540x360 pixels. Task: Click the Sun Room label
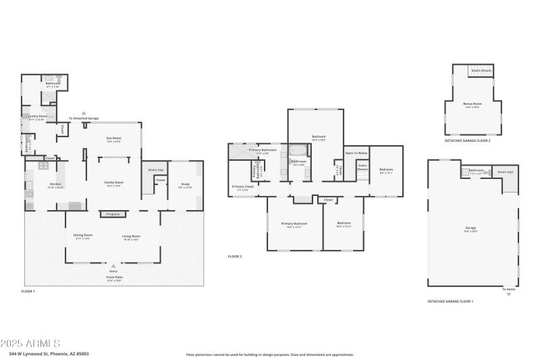[x=113, y=139]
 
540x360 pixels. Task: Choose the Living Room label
[x=131, y=236]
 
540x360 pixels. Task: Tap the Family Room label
[x=113, y=184]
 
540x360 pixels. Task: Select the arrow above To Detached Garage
[x=84, y=113]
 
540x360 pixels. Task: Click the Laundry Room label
[x=36, y=117]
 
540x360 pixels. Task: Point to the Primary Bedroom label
[x=294, y=224]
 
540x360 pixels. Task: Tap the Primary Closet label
[x=243, y=187]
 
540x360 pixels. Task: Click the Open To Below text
[x=357, y=153]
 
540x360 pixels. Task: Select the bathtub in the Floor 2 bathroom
[x=298, y=151]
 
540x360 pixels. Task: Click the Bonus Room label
[x=472, y=105]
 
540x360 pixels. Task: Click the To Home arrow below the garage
[x=509, y=295]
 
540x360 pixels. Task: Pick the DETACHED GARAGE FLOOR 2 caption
[x=467, y=140]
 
